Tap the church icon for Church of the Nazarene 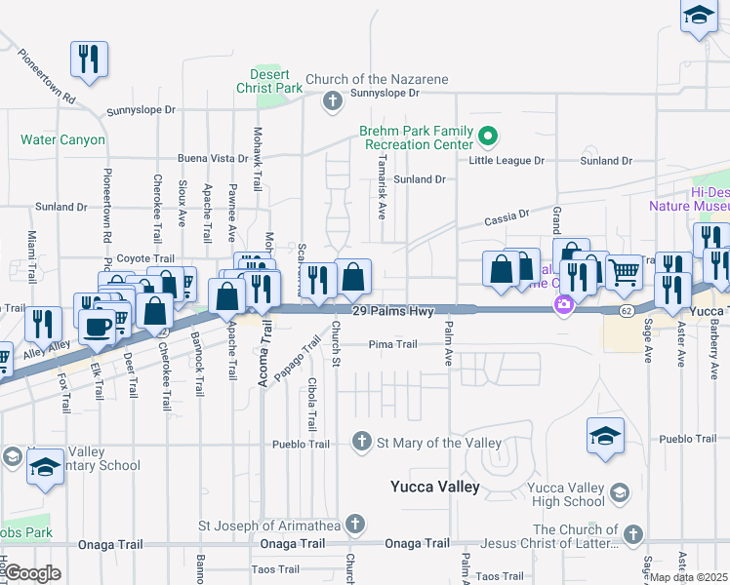(332, 100)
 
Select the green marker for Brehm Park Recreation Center (490, 137)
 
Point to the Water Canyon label (63, 140)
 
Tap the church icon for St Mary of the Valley (362, 443)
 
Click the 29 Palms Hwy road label (392, 309)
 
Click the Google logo (32, 573)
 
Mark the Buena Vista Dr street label (213, 158)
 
